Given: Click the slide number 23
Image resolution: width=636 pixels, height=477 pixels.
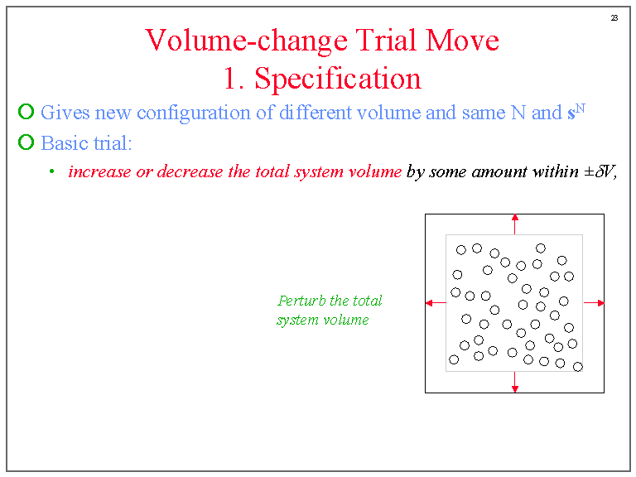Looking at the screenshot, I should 614,17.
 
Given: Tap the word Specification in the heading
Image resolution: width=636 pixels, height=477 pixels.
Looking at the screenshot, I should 338,79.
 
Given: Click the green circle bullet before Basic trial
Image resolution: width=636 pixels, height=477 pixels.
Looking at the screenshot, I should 26,143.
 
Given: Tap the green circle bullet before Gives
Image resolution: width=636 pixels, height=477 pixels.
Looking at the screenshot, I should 26,113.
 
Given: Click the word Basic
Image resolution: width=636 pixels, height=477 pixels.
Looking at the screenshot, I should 61,143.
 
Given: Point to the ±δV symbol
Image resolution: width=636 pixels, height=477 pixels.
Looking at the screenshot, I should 600,172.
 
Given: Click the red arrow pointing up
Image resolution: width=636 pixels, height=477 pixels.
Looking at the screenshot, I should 514,220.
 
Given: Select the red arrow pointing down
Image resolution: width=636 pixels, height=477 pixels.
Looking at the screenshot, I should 514,385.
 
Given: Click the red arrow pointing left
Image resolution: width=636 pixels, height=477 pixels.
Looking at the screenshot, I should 431,303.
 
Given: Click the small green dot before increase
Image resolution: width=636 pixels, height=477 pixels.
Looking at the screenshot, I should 51,172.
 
